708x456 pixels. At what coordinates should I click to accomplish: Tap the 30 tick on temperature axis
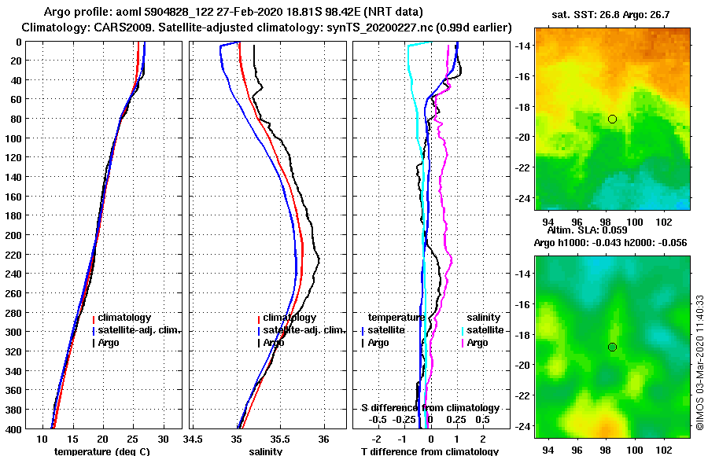tap(163, 439)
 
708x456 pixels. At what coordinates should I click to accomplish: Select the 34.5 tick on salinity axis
tap(194, 439)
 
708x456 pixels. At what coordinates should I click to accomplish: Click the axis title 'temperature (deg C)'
tap(101, 451)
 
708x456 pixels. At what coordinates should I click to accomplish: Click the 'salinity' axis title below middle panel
tap(266, 451)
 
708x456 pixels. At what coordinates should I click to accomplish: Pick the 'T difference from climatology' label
tap(430, 451)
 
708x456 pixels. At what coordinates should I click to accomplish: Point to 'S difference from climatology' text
tap(430, 408)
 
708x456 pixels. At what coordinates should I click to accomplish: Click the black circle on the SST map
tap(612, 119)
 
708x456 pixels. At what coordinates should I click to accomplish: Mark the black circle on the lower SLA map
tap(612, 347)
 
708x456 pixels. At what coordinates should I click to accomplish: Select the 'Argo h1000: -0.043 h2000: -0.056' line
tap(611, 243)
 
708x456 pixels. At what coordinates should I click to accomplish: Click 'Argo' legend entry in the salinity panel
tap(274, 343)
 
